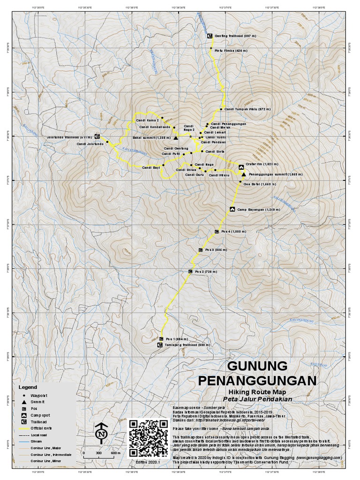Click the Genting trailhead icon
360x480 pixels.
point(210,36)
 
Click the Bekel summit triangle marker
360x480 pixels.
point(176,138)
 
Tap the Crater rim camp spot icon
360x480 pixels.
point(241,166)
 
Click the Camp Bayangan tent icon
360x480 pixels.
point(232,209)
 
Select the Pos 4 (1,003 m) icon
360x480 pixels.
point(216,232)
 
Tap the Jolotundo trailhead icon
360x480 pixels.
point(97,136)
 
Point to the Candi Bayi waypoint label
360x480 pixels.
point(151,167)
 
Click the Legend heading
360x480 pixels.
point(28,388)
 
